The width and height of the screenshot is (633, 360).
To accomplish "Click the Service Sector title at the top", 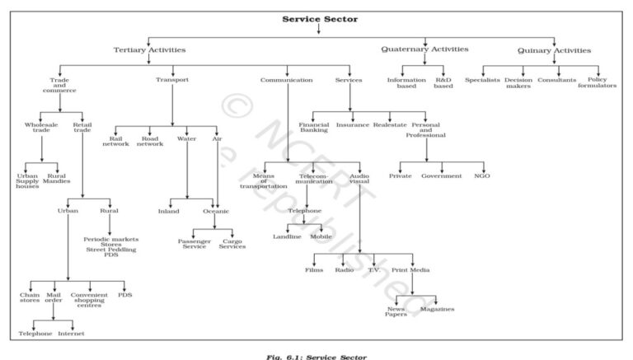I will [x=320, y=18].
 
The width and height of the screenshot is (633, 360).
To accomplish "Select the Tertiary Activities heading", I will [x=149, y=50].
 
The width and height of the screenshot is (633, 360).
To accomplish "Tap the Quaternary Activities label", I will [x=424, y=49].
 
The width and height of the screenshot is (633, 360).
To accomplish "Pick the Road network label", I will [x=150, y=141].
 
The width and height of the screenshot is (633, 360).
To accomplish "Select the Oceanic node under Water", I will [x=216, y=211].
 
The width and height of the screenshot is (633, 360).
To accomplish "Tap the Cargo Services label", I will [x=232, y=244].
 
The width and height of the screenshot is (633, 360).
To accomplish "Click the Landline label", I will [x=288, y=236].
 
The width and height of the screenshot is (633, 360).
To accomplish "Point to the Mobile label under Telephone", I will [x=321, y=236].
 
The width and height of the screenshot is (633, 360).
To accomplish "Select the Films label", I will [x=314, y=269].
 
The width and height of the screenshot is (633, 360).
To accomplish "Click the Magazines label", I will [x=437, y=309].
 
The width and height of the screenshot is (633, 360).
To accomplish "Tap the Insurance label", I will [x=353, y=125].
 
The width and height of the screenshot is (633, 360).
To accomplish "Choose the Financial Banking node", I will [x=314, y=128].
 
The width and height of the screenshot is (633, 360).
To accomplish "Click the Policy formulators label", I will [x=597, y=82].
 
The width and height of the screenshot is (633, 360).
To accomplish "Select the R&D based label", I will [x=443, y=82].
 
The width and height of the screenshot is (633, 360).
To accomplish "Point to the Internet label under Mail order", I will [x=71, y=333].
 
